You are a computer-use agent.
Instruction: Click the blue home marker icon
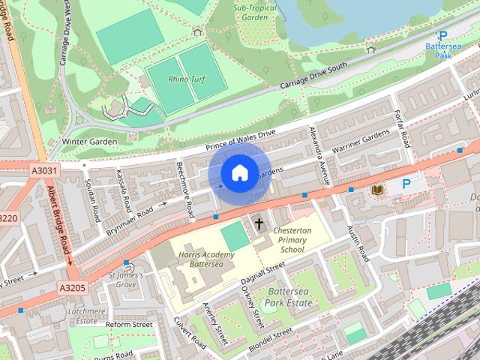pyautogui.click(x=238, y=173)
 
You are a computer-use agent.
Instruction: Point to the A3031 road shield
pyautogui.click(x=44, y=171)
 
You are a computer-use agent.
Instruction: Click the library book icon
pyautogui.click(x=376, y=190)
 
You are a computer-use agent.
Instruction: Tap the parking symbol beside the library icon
pyautogui.click(x=406, y=184)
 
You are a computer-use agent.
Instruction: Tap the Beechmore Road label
pyautogui.click(x=184, y=185)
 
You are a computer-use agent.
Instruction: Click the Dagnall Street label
pyautogui.click(x=263, y=271)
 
